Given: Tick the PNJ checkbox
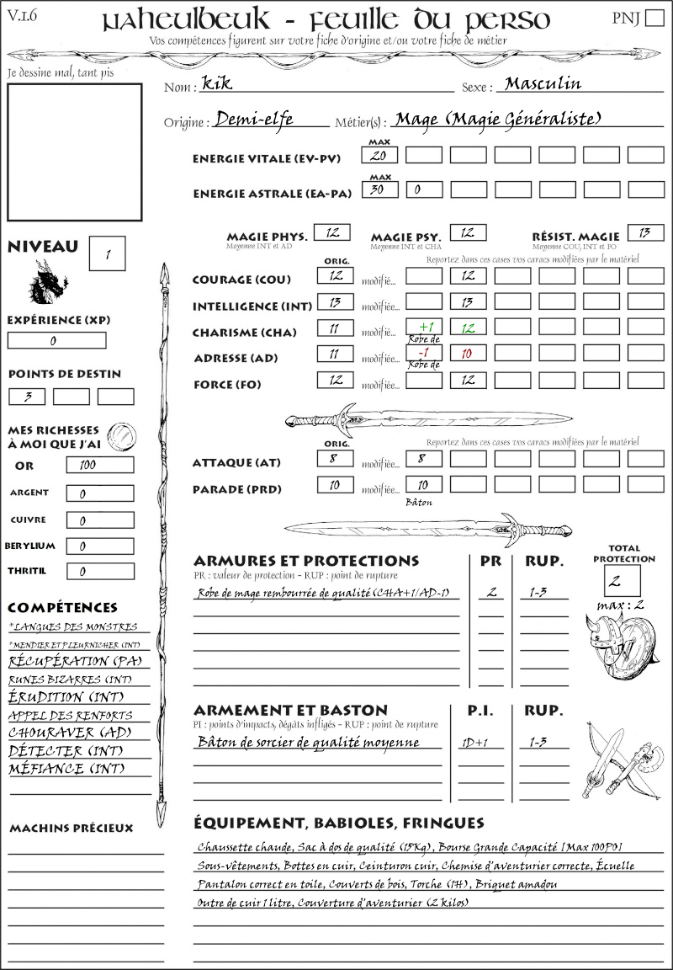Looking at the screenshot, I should click(x=653, y=19).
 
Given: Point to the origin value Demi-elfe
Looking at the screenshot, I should click(x=254, y=120).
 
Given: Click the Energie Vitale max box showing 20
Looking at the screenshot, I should click(x=379, y=156).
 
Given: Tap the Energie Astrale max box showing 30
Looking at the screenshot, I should click(x=379, y=190).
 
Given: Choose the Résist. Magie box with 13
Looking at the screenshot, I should click(x=645, y=232).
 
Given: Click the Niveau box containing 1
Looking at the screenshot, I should click(x=109, y=253).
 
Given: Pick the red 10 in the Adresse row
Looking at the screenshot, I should click(x=467, y=354).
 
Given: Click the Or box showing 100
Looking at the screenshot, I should click(x=99, y=465).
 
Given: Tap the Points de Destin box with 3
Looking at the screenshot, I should click(x=27, y=397).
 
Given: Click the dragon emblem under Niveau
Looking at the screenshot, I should click(x=47, y=283).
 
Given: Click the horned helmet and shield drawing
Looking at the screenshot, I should click(x=623, y=643).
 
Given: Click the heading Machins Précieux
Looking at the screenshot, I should click(x=72, y=829).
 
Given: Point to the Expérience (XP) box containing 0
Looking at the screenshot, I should click(x=56, y=341).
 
